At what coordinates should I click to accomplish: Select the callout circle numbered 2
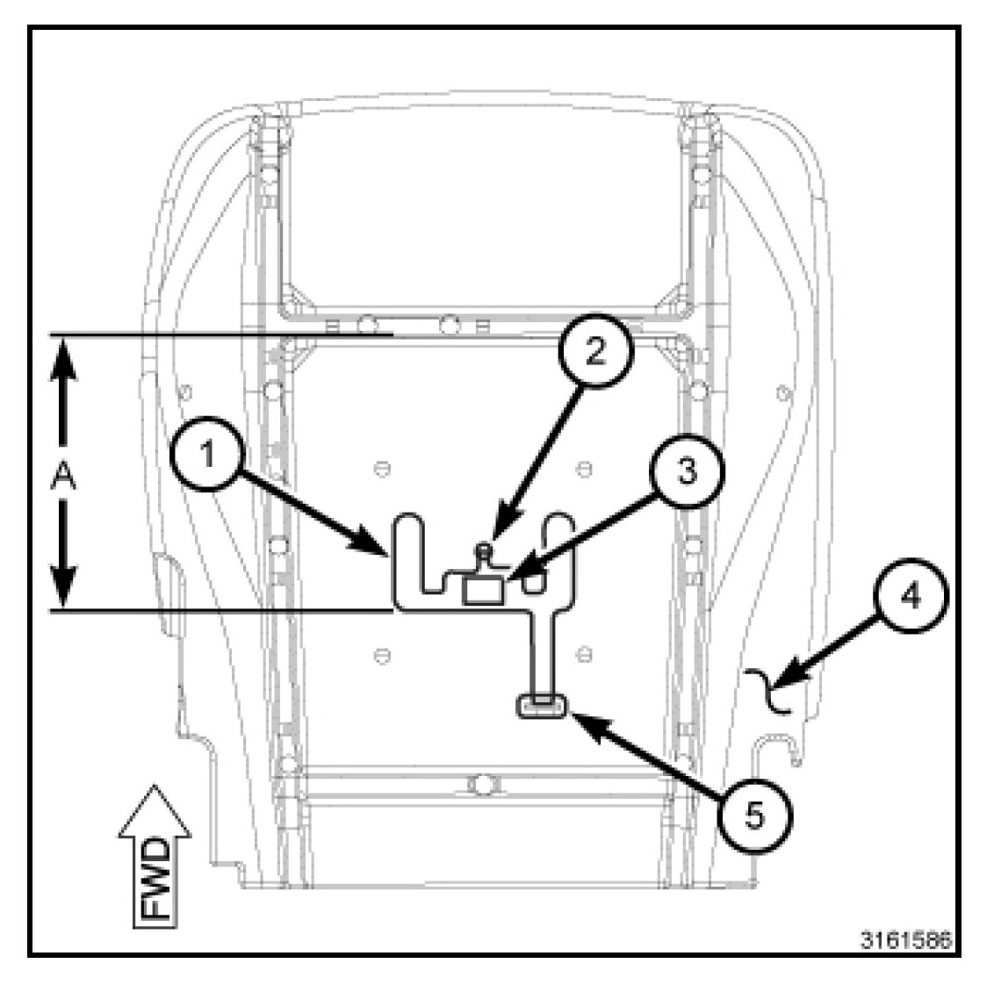pyautogui.click(x=596, y=351)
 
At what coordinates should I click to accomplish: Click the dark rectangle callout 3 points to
pyautogui.click(x=484, y=589)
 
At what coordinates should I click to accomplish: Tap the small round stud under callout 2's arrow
pyautogui.click(x=484, y=551)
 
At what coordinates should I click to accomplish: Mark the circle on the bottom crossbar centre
pyautogui.click(x=481, y=783)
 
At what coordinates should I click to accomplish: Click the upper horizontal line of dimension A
pyautogui.click(x=220, y=334)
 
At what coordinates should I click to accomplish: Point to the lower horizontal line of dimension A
pyautogui.click(x=220, y=609)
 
